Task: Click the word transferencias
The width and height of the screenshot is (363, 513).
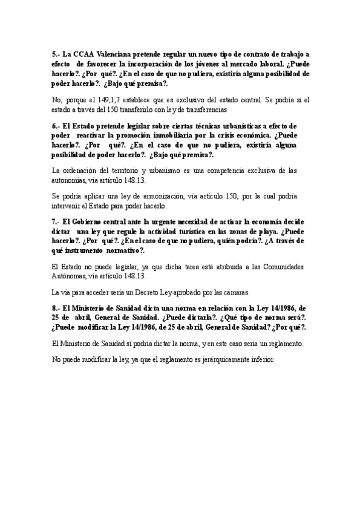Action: pos(204,110)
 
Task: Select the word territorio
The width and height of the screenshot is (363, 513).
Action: pos(119,171)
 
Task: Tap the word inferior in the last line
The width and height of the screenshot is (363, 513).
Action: pos(261,359)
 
